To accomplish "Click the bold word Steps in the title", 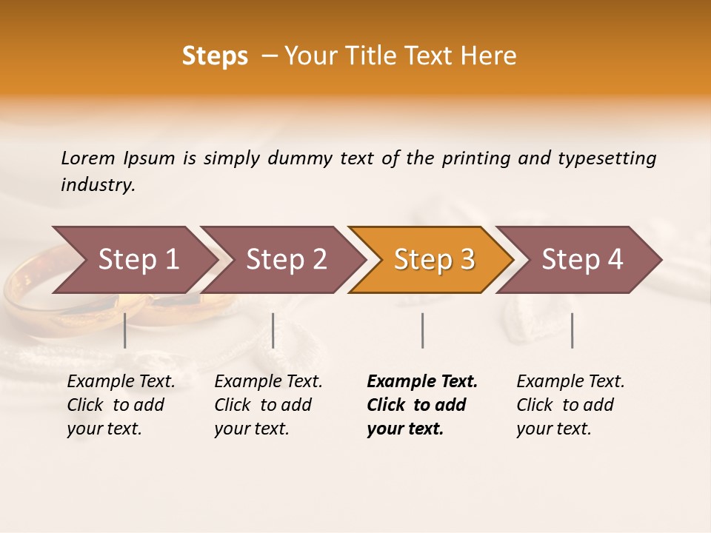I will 215,56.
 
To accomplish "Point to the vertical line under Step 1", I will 125,330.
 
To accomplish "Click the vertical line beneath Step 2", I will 273,330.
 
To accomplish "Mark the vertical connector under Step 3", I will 423,330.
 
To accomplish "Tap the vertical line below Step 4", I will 573,330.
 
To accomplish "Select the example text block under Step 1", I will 121,405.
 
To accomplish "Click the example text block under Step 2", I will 268,405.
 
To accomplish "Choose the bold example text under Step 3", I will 422,405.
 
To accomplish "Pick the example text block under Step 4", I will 570,405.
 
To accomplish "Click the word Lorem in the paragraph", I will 88,158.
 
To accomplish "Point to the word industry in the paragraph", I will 98,185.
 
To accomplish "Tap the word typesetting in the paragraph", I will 607,158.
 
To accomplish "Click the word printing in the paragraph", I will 475,158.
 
